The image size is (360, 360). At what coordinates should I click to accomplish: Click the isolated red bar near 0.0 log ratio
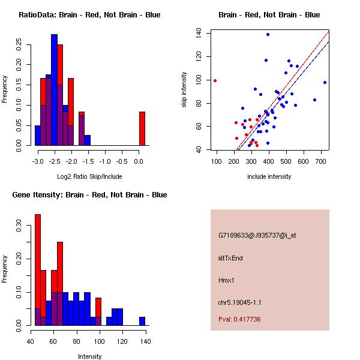click(x=142, y=128)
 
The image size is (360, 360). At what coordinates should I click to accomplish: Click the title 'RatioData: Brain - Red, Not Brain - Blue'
click(x=89, y=15)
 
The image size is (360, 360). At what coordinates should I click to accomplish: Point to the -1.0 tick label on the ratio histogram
click(x=104, y=154)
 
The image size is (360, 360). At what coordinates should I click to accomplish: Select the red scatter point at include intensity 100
click(x=215, y=80)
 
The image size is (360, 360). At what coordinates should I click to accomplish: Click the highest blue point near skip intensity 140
click(x=268, y=34)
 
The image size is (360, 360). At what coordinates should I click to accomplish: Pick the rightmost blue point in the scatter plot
click(x=325, y=82)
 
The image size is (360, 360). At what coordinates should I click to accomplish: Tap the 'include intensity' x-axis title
click(x=269, y=176)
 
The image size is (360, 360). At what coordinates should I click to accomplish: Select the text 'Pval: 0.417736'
click(x=239, y=319)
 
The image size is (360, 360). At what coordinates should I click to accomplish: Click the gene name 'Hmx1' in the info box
click(x=225, y=280)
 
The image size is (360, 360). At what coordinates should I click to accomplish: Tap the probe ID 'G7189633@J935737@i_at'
click(x=257, y=235)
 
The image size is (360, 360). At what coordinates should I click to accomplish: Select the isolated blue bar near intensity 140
click(x=142, y=321)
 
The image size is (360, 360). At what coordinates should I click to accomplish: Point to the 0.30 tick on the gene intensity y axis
click(x=22, y=227)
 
